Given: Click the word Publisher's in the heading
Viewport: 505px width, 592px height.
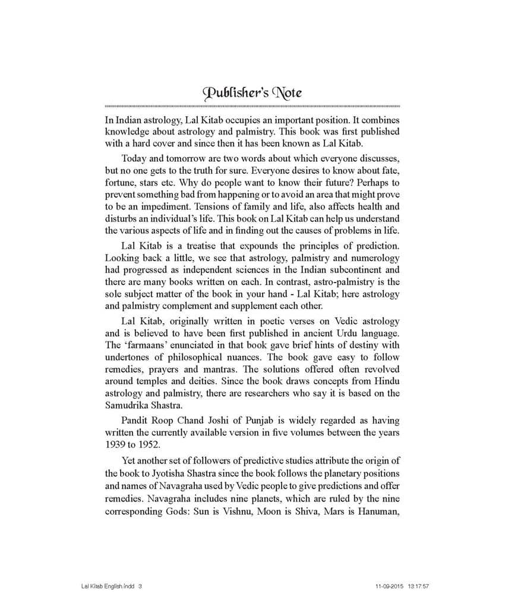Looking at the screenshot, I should (231, 93).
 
